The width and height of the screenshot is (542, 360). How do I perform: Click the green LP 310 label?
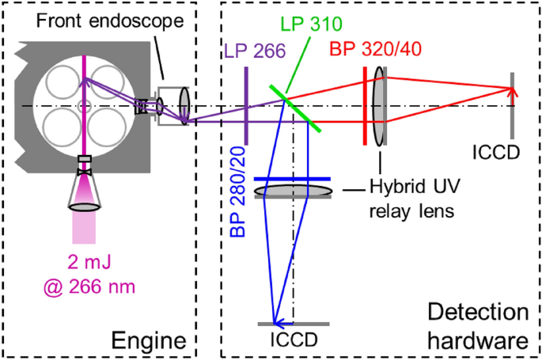(x=311, y=24)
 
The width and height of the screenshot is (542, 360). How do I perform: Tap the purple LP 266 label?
(x=255, y=51)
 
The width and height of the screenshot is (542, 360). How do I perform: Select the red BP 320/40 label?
(x=375, y=49)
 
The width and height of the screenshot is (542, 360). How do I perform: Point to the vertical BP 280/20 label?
(x=238, y=191)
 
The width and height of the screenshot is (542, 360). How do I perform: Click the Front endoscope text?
(x=110, y=21)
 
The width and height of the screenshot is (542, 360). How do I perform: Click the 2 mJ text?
(x=89, y=263)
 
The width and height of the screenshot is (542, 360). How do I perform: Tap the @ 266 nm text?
(x=89, y=286)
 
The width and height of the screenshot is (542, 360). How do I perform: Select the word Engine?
(x=149, y=341)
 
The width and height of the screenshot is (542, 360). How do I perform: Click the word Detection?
(x=478, y=313)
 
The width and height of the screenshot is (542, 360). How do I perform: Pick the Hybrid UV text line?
(x=415, y=187)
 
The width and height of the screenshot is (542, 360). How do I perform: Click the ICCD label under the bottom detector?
(x=294, y=339)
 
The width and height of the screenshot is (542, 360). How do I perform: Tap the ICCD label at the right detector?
(x=496, y=153)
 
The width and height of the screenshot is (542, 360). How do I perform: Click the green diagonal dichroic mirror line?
(x=295, y=108)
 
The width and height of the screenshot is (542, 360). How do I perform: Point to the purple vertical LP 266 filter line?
(x=246, y=106)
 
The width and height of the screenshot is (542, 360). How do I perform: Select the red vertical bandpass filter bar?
(x=365, y=106)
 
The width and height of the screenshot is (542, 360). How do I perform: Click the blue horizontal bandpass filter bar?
(x=293, y=179)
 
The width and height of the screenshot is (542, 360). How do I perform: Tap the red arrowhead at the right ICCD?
(x=512, y=92)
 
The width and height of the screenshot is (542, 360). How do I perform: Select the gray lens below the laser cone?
(x=85, y=207)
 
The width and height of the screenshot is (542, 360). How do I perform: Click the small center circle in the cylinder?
(x=85, y=106)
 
